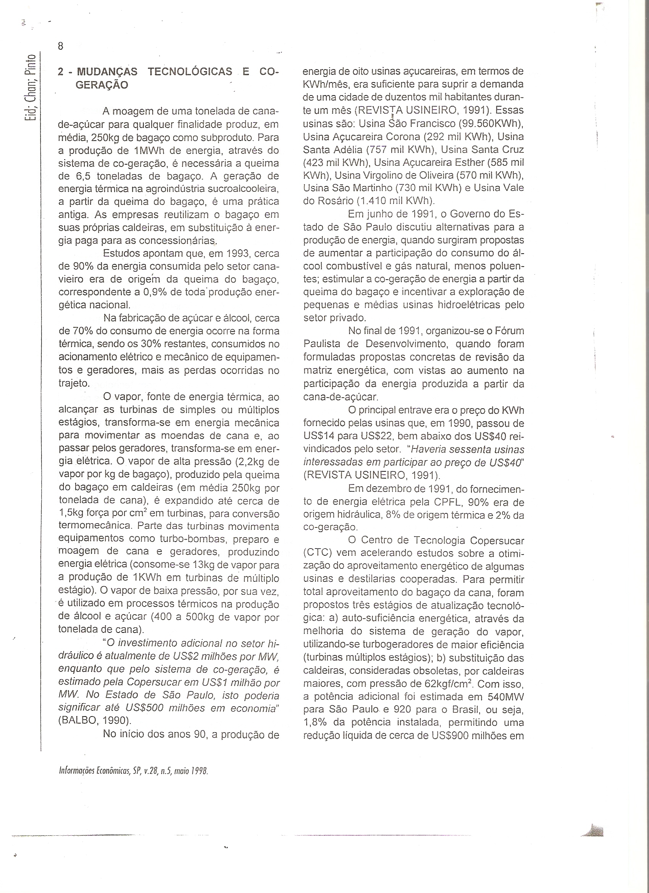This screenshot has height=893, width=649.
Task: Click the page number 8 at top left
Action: click(61, 46)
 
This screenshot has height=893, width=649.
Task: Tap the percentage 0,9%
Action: click(155, 292)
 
